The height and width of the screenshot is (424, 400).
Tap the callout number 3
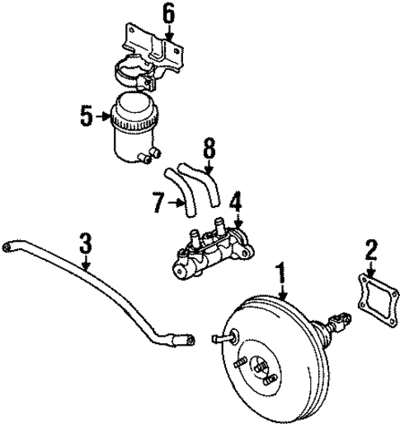(x=85, y=244)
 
